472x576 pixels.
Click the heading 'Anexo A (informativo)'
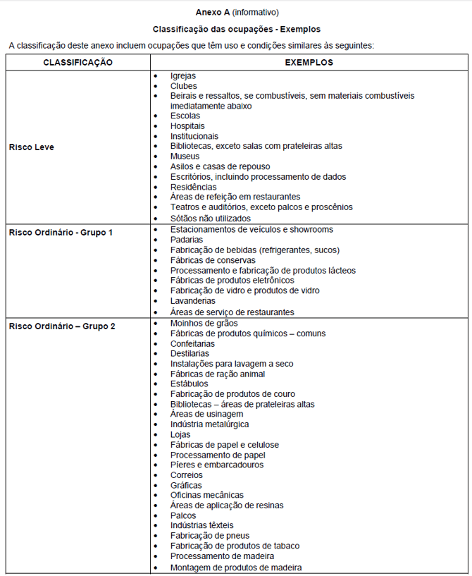point(237,12)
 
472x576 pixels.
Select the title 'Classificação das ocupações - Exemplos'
point(237,30)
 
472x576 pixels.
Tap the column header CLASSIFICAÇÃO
point(77,63)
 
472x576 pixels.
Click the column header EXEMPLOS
point(309,63)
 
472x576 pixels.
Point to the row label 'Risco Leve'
point(32,147)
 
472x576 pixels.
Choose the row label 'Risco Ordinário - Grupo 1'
point(61,232)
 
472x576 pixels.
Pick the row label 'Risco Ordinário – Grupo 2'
point(62,326)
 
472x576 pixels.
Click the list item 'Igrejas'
point(183,75)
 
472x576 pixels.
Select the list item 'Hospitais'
point(187,126)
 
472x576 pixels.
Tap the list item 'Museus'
point(185,157)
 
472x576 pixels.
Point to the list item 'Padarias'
point(187,240)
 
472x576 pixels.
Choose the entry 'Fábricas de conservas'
point(213,261)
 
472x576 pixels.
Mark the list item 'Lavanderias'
point(193,301)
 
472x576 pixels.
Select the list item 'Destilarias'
point(190,354)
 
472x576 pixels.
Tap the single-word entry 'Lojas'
point(181,435)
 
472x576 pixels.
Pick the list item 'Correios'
point(187,475)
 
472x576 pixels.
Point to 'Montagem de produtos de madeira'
point(236,567)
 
